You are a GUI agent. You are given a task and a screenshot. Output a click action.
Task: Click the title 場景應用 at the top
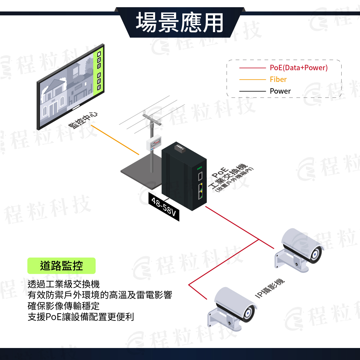coord(179,23)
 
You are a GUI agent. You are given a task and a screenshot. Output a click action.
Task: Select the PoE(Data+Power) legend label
coord(298,67)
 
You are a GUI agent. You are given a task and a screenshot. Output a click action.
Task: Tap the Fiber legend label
coord(278,79)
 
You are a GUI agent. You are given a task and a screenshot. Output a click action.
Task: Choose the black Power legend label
coord(280,91)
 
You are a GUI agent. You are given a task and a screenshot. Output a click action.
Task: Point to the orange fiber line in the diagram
coord(115,140)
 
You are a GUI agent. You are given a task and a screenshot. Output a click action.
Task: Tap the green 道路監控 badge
coord(61,266)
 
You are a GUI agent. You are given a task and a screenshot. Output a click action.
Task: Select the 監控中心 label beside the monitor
coord(83,121)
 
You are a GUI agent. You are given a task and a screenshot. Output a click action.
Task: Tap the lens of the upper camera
coord(315,254)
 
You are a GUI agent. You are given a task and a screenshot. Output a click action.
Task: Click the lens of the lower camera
coord(248,313)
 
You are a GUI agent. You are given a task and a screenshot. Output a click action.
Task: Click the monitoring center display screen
coord(70,87)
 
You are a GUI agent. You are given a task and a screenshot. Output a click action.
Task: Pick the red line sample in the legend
coord(253,68)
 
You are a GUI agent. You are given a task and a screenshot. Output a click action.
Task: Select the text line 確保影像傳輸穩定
coord(64,306)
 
